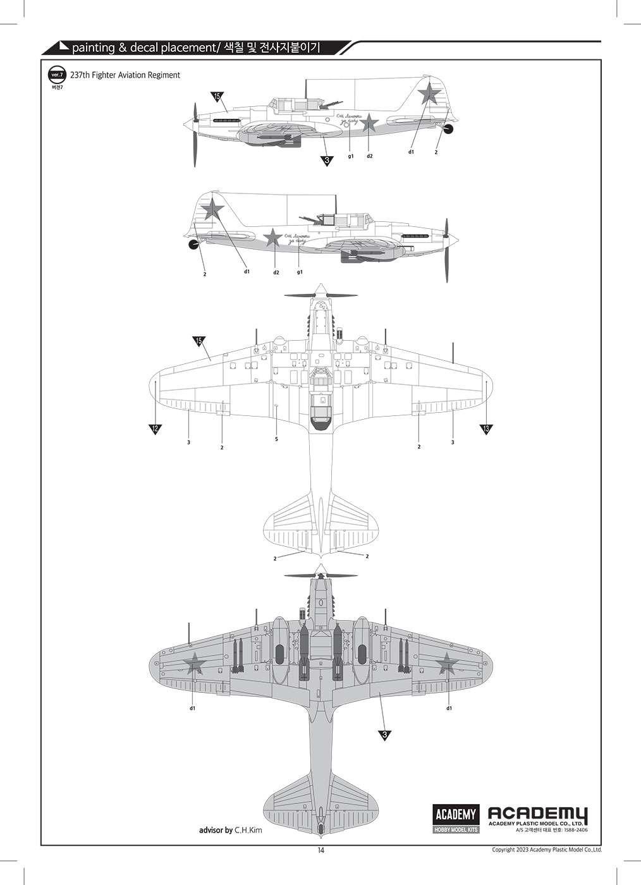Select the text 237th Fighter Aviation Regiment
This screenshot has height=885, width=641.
click(126, 75)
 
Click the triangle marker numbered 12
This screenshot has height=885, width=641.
click(156, 429)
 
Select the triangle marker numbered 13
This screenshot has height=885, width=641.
click(486, 429)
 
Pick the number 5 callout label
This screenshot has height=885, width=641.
click(277, 439)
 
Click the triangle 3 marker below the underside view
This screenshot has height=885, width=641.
click(384, 735)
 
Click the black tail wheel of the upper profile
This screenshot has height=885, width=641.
click(448, 130)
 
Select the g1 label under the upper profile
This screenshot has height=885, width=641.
click(350, 156)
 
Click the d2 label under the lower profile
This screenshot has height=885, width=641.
click(276, 272)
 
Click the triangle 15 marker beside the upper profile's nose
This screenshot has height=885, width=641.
click(217, 97)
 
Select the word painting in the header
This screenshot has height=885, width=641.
click(94, 47)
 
